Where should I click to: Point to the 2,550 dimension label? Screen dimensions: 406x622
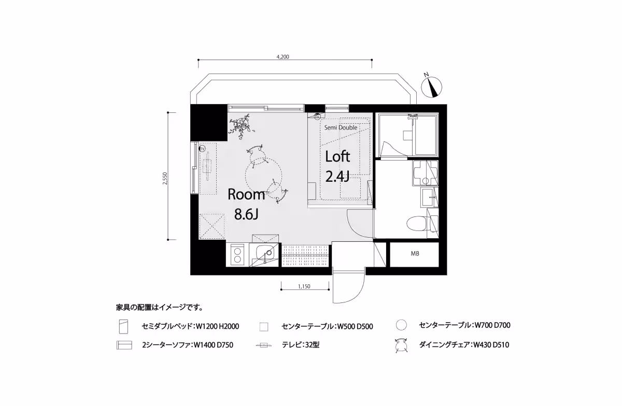(165, 177)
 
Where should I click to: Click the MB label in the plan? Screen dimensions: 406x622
(415, 254)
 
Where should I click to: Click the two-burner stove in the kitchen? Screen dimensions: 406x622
(237, 255)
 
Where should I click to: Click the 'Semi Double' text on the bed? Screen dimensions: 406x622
(340, 127)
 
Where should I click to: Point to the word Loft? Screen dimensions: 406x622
(337, 156)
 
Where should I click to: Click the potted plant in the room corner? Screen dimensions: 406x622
(242, 125)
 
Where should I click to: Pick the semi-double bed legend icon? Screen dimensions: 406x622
(123, 327)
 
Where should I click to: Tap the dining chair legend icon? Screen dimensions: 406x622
(400, 344)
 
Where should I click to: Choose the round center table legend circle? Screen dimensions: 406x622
(400, 326)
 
